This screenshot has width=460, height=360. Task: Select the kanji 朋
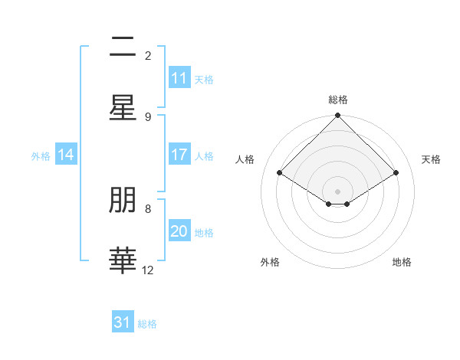123,201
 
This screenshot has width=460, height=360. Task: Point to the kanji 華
123,260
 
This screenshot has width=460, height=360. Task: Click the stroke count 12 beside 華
148,270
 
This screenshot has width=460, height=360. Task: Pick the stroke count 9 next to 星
148,116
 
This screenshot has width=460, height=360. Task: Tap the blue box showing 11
179,78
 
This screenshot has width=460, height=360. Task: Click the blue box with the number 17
179,155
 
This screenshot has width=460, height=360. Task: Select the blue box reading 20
179,231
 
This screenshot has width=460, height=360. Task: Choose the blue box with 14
66,155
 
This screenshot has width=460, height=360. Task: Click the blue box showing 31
123,322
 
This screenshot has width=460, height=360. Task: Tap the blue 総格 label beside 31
148,324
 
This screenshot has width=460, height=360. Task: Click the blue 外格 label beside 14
41,156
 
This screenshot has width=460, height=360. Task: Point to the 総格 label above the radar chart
337,100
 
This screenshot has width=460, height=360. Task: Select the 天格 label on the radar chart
432,159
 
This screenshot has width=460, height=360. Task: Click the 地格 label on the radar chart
402,262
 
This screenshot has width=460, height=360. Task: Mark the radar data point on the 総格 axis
337,116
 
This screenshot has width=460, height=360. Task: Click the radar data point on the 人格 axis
279,172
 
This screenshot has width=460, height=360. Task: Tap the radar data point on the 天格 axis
396,172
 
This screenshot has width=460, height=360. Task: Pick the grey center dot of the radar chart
337,191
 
